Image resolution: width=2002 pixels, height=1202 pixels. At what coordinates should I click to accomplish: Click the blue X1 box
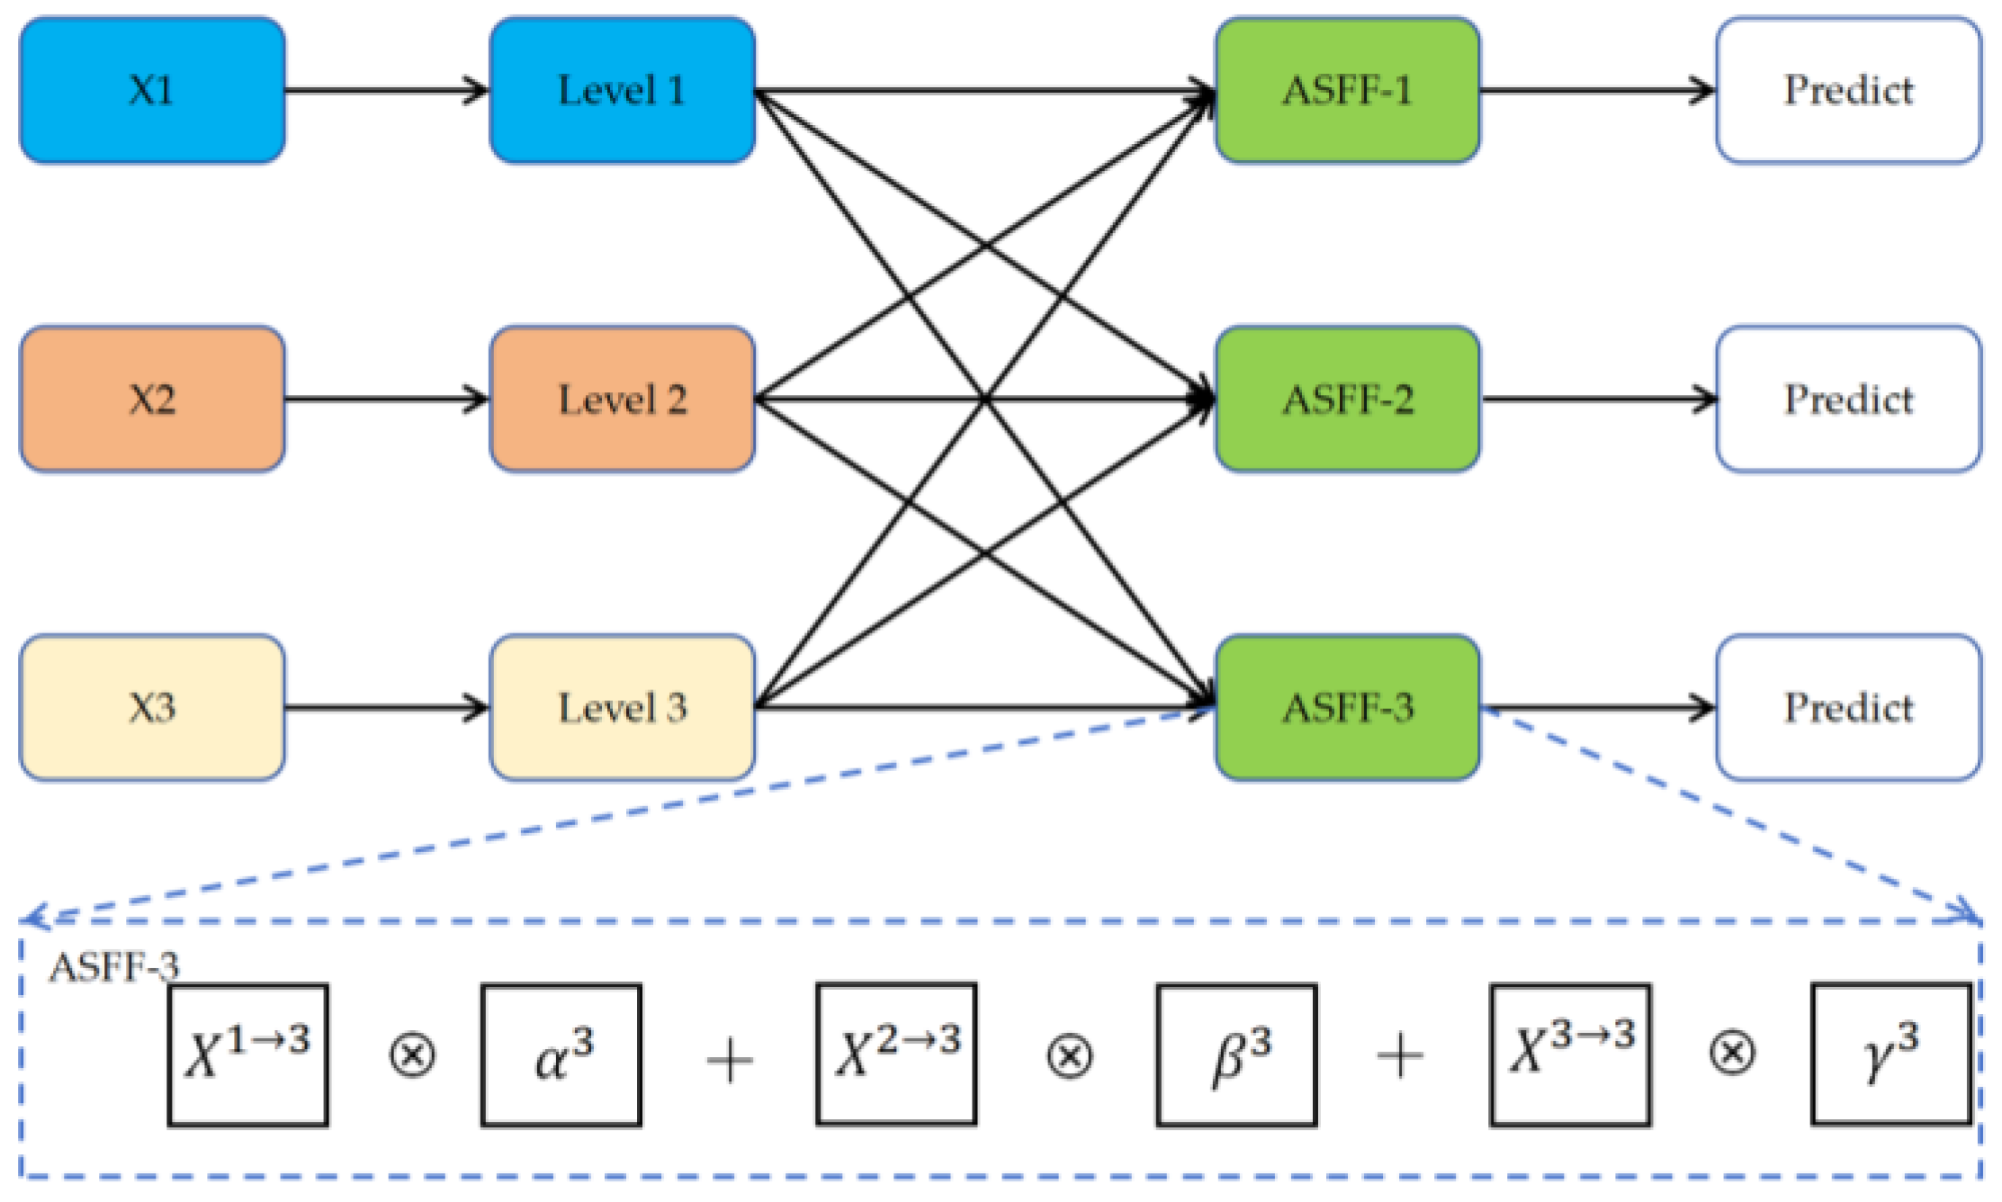pyautogui.click(x=152, y=90)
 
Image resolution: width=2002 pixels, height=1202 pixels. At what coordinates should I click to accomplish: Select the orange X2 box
pyautogui.click(x=152, y=399)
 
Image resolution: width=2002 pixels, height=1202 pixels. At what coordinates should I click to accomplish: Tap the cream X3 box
pyautogui.click(x=152, y=707)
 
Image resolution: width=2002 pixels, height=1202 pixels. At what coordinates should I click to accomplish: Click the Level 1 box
pyautogui.click(x=622, y=90)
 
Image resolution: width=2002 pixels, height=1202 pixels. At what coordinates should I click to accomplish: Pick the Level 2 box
pyautogui.click(x=622, y=399)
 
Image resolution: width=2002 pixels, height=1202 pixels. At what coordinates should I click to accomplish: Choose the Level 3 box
pyautogui.click(x=622, y=707)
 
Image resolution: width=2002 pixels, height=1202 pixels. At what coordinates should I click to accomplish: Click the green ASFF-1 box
pyautogui.click(x=1347, y=90)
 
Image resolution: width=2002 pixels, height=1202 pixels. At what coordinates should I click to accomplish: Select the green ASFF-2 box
pyautogui.click(x=1347, y=399)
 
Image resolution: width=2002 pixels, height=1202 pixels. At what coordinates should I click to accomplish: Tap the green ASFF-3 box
pyautogui.click(x=1347, y=707)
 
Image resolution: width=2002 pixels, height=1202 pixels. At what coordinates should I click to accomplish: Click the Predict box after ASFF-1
pyautogui.click(x=1848, y=90)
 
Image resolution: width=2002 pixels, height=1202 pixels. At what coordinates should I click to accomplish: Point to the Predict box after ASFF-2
pyautogui.click(x=1848, y=399)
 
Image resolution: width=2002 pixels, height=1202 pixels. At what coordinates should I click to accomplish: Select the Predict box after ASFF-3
pyautogui.click(x=1848, y=707)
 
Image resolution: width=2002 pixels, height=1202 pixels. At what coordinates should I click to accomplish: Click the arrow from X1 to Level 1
pyautogui.click(x=387, y=90)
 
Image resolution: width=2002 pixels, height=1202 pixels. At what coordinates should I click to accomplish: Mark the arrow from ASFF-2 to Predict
pyautogui.click(x=1598, y=399)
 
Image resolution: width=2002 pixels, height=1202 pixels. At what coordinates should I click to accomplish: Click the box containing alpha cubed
pyautogui.click(x=561, y=1054)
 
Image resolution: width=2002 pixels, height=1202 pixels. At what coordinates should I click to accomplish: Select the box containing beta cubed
pyautogui.click(x=1236, y=1054)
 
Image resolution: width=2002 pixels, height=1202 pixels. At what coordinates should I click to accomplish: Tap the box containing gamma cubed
pyautogui.click(x=1890, y=1054)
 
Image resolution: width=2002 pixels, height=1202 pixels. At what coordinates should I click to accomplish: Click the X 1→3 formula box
pyautogui.click(x=247, y=1054)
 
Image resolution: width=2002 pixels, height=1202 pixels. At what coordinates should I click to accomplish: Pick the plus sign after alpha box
pyautogui.click(x=729, y=1060)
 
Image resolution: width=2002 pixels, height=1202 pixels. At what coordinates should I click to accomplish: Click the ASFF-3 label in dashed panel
pyautogui.click(x=114, y=967)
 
